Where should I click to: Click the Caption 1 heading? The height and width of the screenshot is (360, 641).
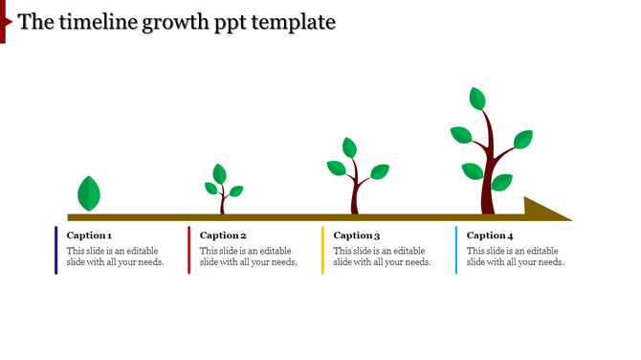coord(89,236)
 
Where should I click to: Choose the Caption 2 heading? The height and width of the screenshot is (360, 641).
coord(223,236)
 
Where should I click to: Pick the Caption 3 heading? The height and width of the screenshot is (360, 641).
coord(357,236)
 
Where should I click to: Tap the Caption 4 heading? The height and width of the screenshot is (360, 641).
coord(490,236)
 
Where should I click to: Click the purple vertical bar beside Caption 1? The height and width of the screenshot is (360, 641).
coord(55,250)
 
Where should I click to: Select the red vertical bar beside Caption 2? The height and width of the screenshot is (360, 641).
coord(189,250)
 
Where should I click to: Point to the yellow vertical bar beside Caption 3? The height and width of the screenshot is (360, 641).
coord(322,250)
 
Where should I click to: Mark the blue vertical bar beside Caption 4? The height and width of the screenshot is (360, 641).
coord(456,250)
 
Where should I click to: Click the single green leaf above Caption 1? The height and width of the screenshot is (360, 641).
coord(89,193)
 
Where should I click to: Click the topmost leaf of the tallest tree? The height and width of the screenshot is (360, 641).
coord(477,98)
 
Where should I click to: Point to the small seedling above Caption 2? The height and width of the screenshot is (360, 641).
coord(222,190)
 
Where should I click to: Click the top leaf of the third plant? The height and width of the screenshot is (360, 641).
coord(349,147)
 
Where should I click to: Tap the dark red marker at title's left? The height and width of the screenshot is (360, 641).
coord(4,21)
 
